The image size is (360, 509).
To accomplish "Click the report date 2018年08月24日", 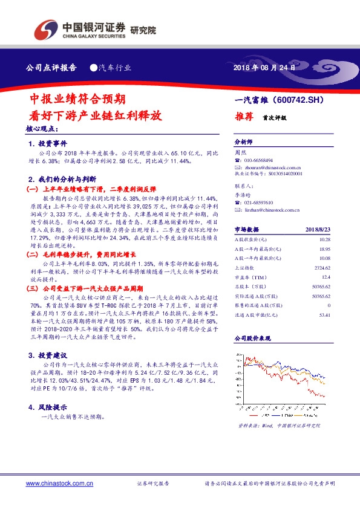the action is (x=264, y=68).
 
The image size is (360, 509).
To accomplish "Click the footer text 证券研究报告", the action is (x=152, y=484).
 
